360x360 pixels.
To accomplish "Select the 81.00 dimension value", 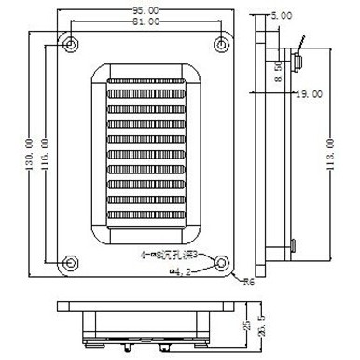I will point(145,21).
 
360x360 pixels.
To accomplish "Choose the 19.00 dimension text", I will point(309,94).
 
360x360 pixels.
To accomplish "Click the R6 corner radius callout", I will point(249,281).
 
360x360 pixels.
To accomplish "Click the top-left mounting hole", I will point(70,43).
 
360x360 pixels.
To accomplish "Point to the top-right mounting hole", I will point(220,43).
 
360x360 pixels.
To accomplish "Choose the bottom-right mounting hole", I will point(220,263).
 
